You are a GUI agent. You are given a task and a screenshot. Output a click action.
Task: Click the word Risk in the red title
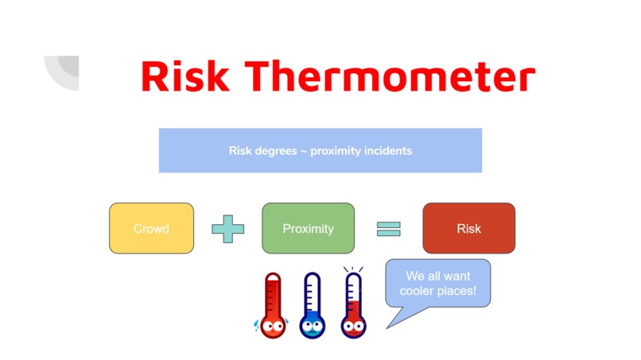[185, 76]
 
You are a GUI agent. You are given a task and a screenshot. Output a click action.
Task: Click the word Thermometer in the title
[390, 76]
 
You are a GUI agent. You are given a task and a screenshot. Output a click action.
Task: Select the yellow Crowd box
[151, 228]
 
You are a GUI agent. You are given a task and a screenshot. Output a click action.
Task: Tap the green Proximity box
[309, 228]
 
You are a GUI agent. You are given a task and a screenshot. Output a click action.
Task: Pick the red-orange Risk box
[469, 228]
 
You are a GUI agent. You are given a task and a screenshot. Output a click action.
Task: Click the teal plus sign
[227, 229]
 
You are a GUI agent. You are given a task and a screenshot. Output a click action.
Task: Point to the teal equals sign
[388, 229]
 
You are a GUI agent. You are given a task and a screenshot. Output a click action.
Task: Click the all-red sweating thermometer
[273, 306]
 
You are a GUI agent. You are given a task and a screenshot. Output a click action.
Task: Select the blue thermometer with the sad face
[313, 306]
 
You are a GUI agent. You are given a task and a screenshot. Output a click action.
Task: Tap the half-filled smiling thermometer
[354, 306]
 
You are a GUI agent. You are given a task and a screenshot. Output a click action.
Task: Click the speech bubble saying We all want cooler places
[438, 284]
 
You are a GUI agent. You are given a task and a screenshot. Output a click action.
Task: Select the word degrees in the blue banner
[276, 151]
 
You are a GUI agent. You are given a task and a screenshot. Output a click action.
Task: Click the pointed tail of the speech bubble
[387, 327]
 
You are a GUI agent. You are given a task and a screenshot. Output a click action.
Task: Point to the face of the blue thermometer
[313, 327]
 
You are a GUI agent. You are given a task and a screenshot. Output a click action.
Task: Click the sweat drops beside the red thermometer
[256, 325]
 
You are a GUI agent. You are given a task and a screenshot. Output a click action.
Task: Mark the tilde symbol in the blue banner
[304, 151]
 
